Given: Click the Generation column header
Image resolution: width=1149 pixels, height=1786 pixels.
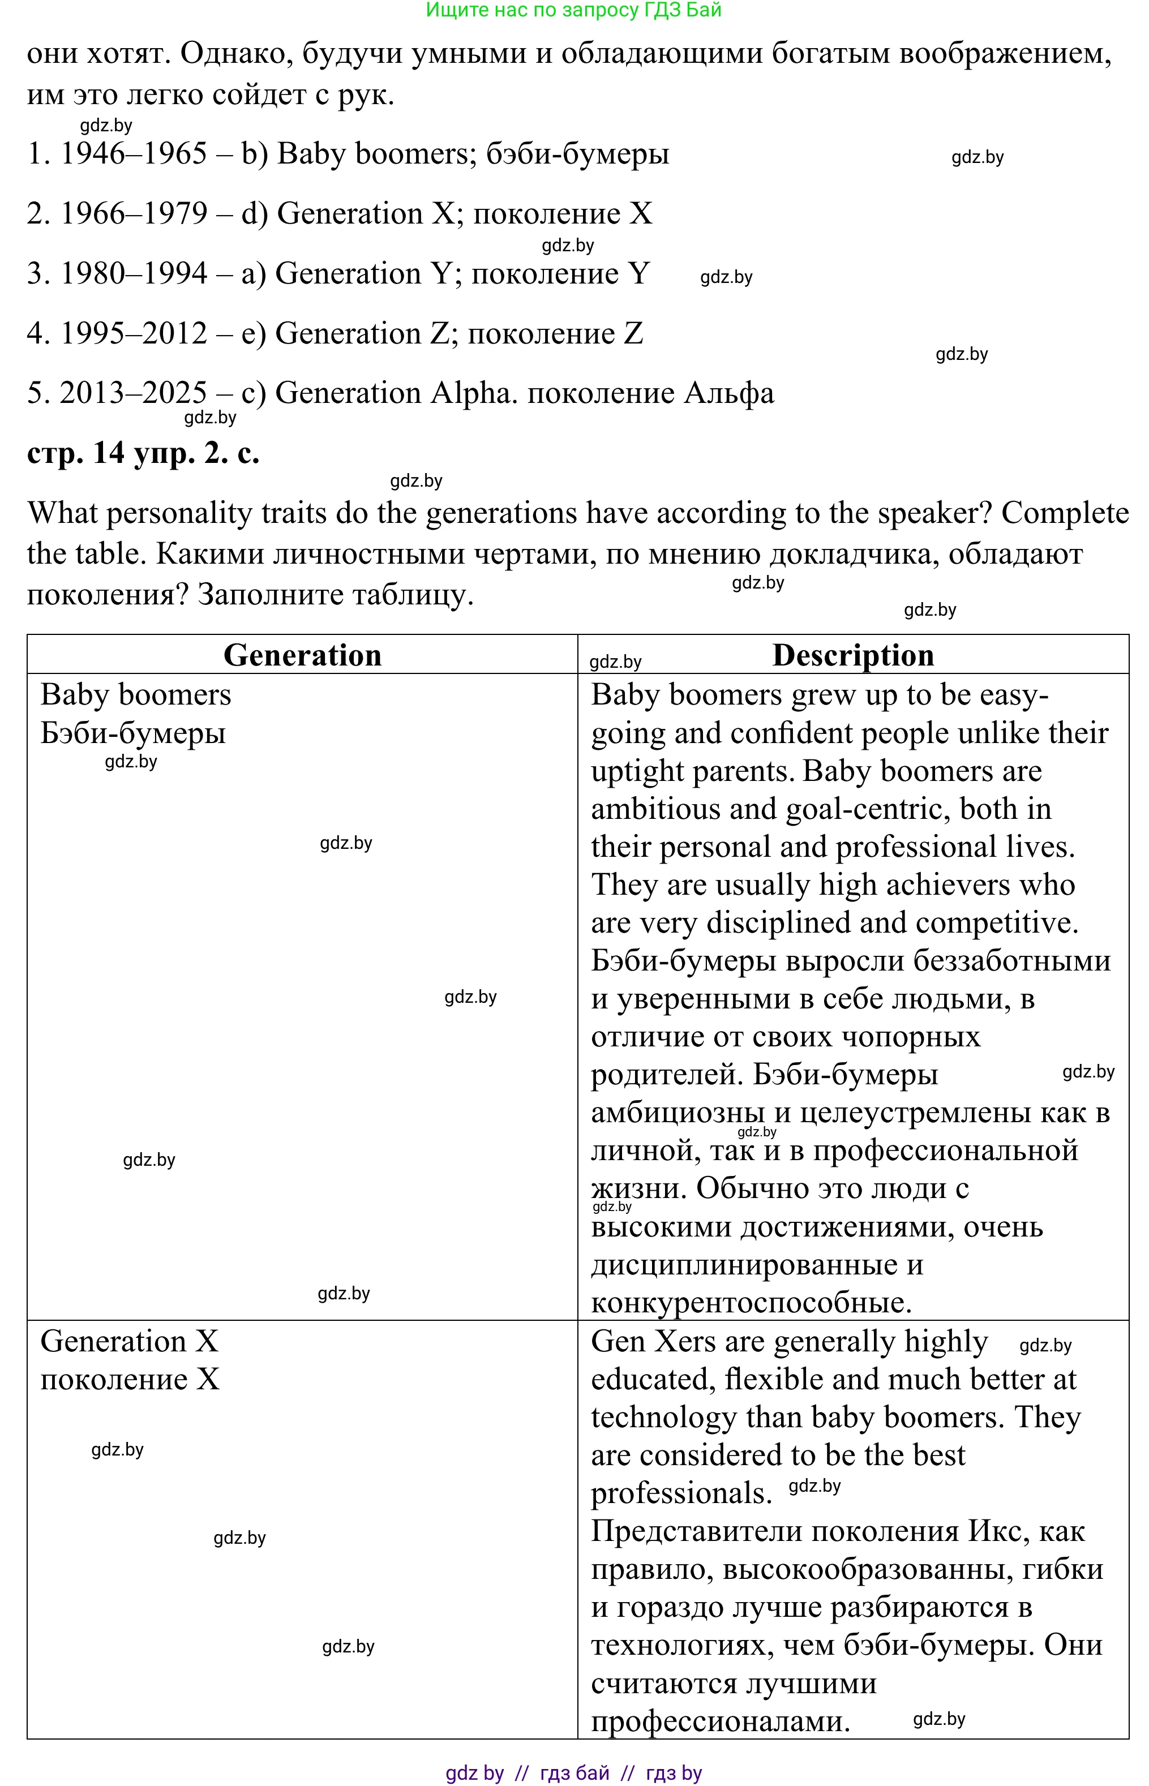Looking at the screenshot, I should pyautogui.click(x=302, y=655).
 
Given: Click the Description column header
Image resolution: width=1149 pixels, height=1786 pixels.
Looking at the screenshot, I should pyautogui.click(x=853, y=655).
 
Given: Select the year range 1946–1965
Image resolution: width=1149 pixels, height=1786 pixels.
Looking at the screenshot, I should pyautogui.click(x=134, y=154).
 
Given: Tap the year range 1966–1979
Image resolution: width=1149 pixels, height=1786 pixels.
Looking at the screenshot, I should pyautogui.click(x=134, y=214).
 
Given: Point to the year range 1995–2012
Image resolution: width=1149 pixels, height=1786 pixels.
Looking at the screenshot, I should pyautogui.click(x=134, y=333).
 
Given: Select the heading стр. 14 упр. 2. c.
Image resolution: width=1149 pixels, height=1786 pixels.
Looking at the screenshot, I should pyautogui.click(x=143, y=453).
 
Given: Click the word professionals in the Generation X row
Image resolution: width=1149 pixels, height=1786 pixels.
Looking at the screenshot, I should pyautogui.click(x=680, y=1493).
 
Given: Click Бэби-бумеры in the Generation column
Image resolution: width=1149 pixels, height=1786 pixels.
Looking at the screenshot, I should pyautogui.click(x=133, y=733).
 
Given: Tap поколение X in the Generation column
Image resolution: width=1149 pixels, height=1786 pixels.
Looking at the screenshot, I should pyautogui.click(x=130, y=1380).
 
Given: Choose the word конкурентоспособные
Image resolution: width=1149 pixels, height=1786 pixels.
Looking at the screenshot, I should pyautogui.click(x=751, y=1303).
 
